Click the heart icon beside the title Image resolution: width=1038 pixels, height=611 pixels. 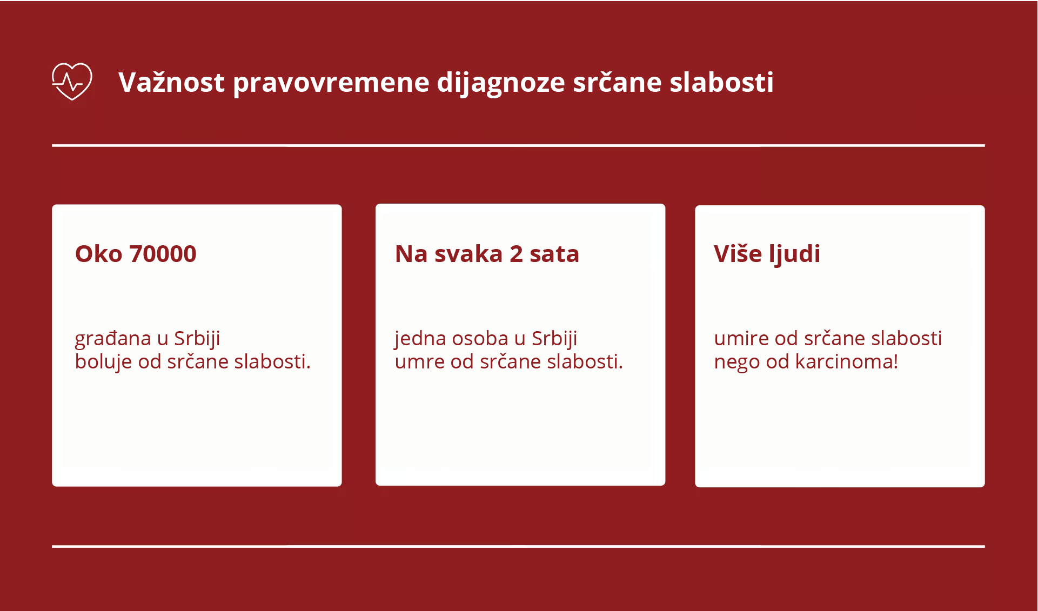click(72, 82)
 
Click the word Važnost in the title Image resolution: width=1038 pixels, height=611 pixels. click(171, 83)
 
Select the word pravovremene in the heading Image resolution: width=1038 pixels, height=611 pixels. click(331, 83)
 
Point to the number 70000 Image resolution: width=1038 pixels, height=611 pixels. click(163, 254)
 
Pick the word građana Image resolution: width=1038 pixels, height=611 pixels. click(112, 339)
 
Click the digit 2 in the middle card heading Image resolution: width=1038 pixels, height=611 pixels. click(516, 254)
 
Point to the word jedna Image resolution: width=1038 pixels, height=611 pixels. click(420, 339)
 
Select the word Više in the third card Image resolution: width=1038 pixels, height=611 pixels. click(738, 254)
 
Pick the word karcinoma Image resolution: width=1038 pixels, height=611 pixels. click(846, 362)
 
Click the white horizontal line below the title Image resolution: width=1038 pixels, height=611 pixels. click(518, 145)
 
